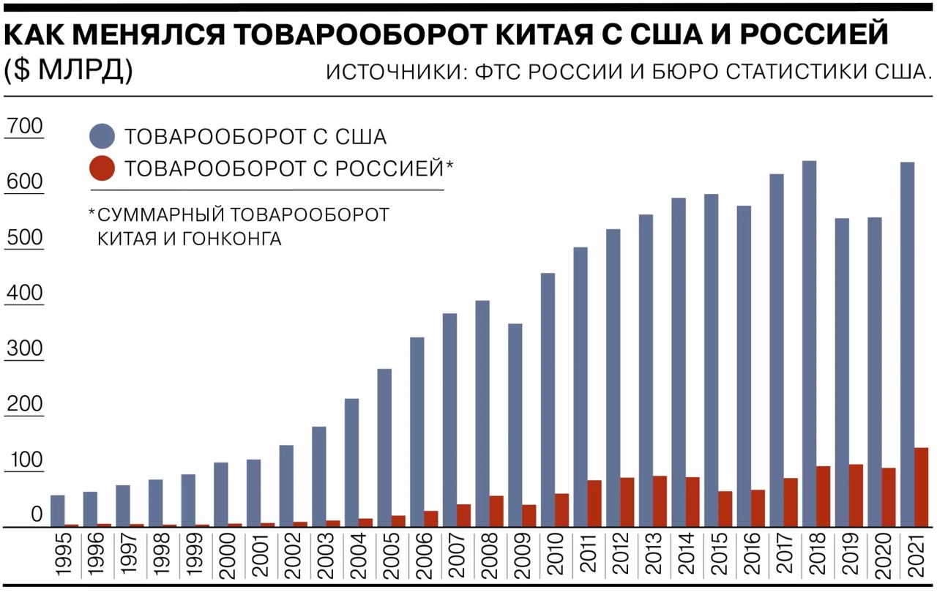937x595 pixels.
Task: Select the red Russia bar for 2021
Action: coord(922,487)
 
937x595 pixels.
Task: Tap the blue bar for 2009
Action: coord(515,424)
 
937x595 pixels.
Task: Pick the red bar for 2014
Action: coord(693,501)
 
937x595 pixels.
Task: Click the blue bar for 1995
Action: coord(57,511)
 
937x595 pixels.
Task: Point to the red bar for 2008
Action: coord(496,511)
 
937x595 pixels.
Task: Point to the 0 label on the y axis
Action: coord(36,515)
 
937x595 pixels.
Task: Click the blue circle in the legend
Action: coord(102,137)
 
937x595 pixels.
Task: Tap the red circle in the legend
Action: coord(102,168)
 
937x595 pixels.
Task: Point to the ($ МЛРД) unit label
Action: coord(68,70)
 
